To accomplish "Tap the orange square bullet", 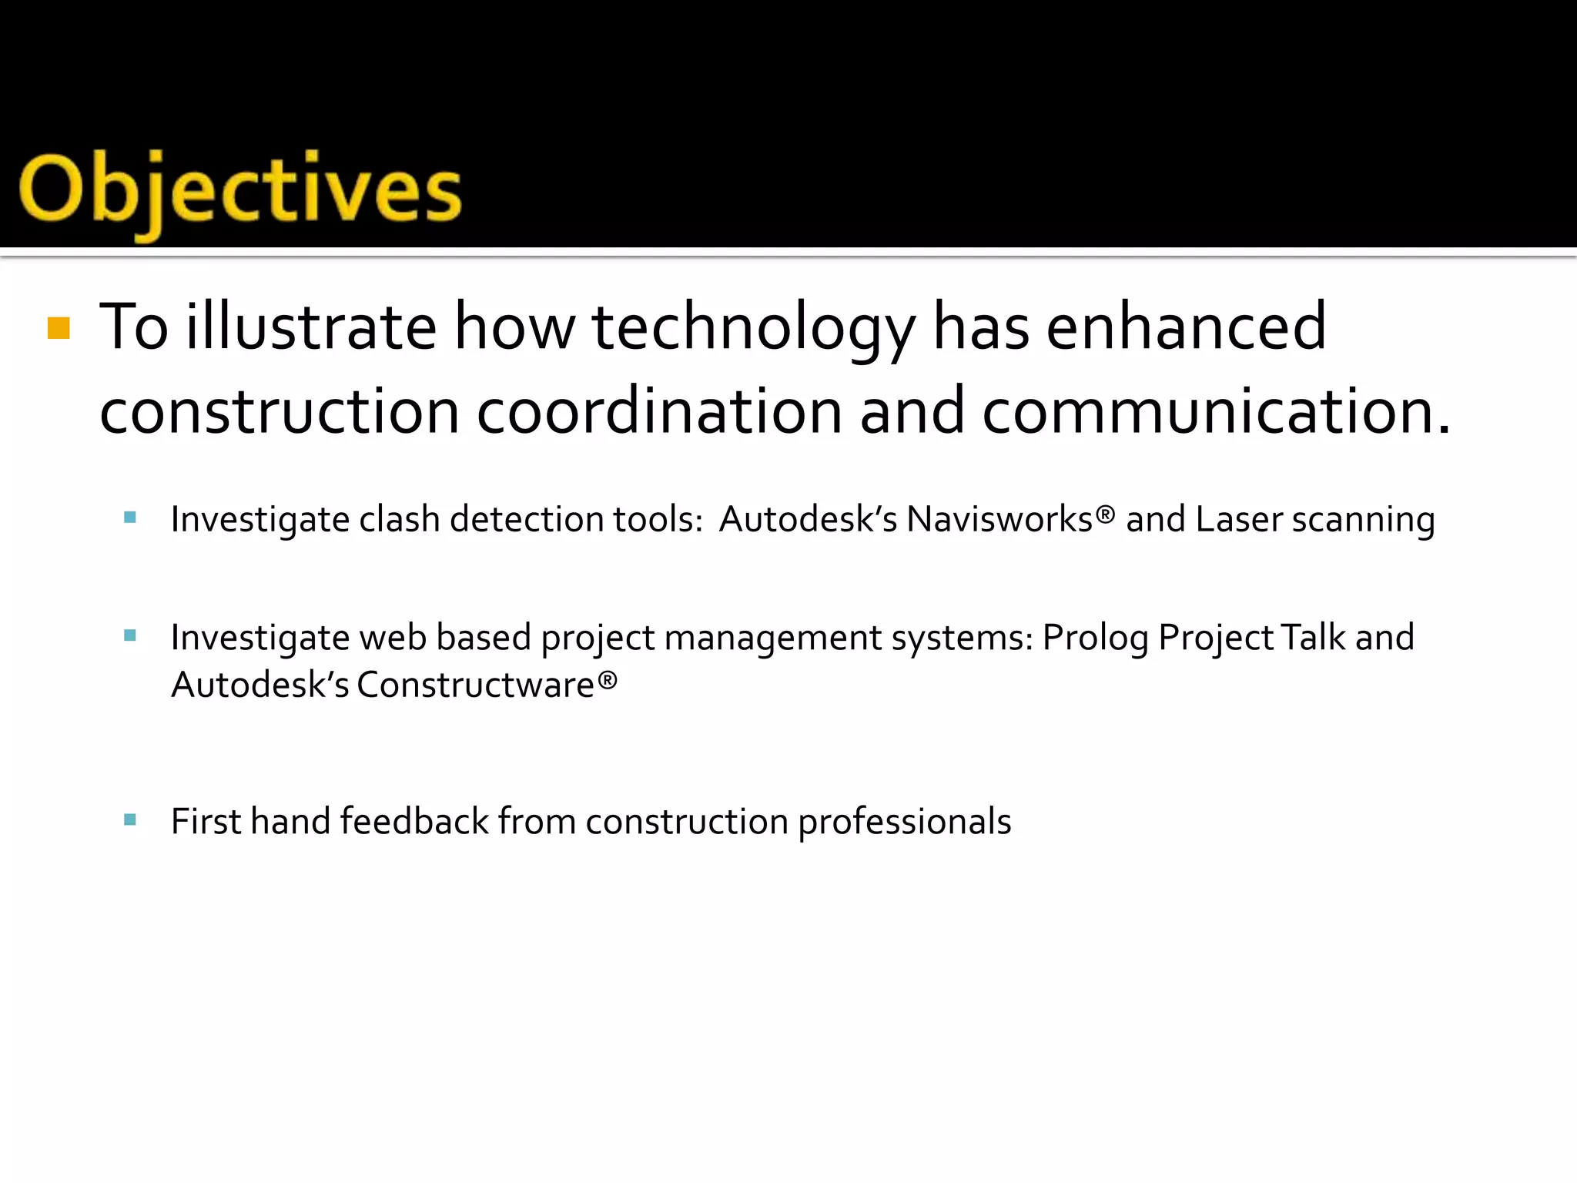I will click(59, 328).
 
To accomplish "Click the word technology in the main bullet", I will click(754, 328).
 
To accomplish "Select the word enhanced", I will click(1186, 327).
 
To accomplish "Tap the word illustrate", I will click(311, 327).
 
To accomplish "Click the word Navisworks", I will click(999, 519).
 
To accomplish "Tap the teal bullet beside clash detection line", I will click(130, 518).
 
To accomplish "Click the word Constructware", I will click(476, 685).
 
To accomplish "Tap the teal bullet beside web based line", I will click(130, 635).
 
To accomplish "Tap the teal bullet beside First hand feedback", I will click(130, 819).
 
